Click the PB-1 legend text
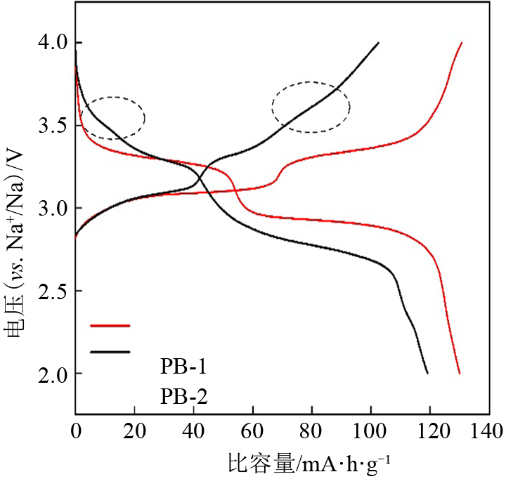pos(183,367)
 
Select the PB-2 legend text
pos(183,397)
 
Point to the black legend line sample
pos(110,351)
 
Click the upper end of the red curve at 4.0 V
pos(461,43)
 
